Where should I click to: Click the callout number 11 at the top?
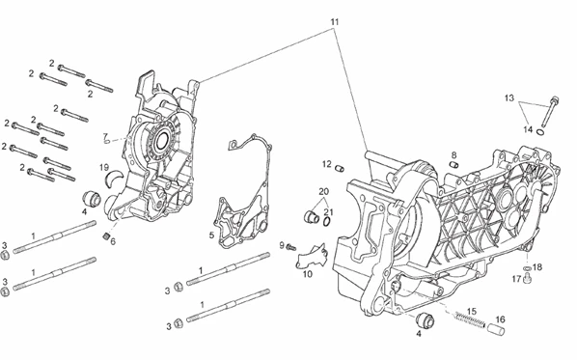334,22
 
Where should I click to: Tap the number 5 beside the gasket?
211,235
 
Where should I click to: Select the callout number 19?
104,168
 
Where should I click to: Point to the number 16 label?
500,319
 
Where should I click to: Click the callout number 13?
508,98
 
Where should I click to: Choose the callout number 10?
308,274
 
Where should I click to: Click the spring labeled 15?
467,318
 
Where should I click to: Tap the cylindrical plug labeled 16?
496,329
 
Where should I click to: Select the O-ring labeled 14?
540,132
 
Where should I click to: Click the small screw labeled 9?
291,247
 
